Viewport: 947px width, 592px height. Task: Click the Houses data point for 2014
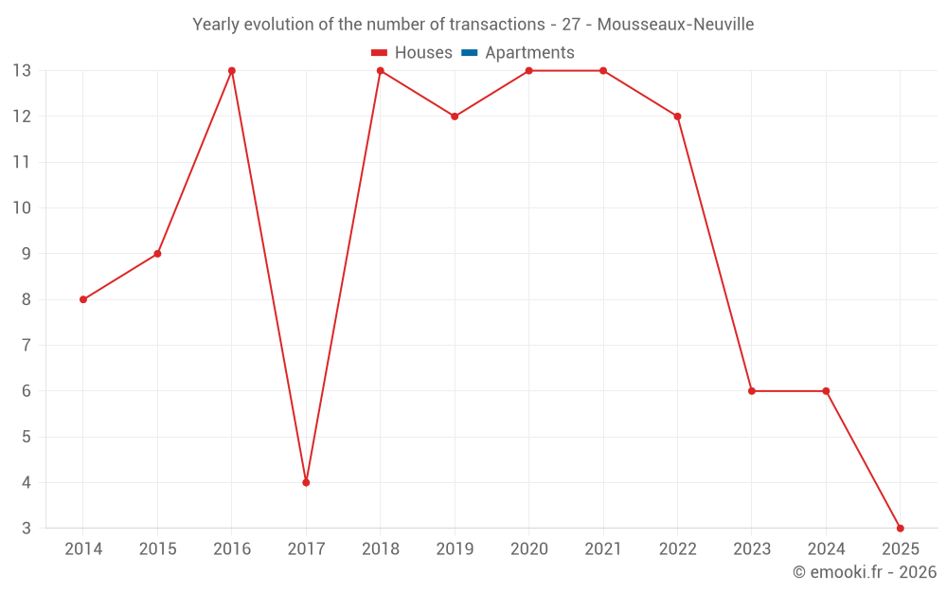pos(83,299)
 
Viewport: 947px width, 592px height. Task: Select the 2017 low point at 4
pos(306,482)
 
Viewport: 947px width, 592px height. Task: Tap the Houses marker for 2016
pos(232,71)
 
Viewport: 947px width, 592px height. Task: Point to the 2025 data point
pos(900,528)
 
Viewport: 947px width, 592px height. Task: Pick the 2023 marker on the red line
pos(752,391)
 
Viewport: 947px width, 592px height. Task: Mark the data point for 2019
pos(455,117)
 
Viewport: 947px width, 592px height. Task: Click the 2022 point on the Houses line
pos(677,117)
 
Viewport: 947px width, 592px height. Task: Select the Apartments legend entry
pos(529,53)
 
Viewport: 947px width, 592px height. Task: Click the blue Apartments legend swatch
pos(470,53)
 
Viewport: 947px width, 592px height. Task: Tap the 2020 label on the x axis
pos(528,549)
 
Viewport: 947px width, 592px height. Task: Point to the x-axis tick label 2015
pos(157,549)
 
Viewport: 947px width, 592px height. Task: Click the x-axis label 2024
pos(826,549)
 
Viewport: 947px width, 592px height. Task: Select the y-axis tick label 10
pos(22,208)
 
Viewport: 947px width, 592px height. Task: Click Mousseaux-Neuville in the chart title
pos(675,25)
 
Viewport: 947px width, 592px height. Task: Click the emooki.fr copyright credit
pos(865,572)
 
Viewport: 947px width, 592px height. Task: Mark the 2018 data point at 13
pos(381,71)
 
